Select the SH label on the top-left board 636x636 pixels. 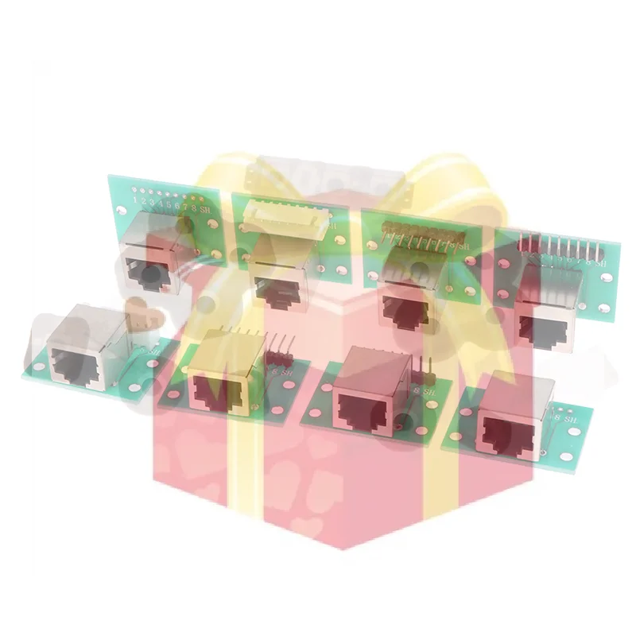[x=204, y=209]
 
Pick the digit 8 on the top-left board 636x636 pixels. [x=193, y=207]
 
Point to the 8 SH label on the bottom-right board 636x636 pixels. [x=565, y=415]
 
